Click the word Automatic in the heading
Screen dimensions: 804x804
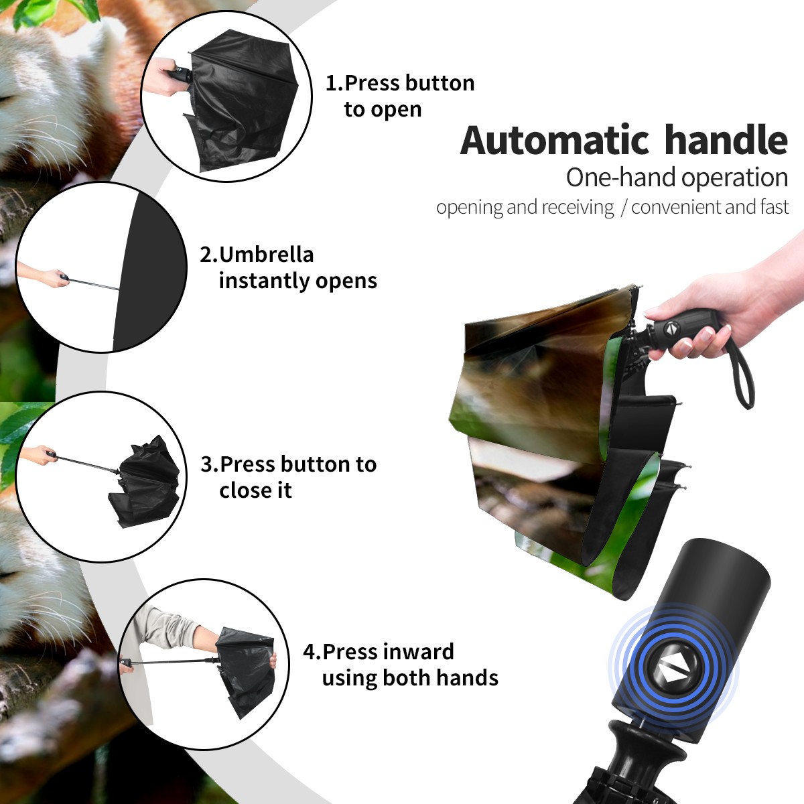pyautogui.click(x=555, y=141)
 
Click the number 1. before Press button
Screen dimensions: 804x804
pyautogui.click(x=334, y=83)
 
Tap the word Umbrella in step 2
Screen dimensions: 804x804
pyautogui.click(x=266, y=255)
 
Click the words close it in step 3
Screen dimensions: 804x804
pyautogui.click(x=255, y=490)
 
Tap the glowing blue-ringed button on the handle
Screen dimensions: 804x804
pyautogui.click(x=673, y=671)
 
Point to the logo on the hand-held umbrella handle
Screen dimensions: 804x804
pyautogui.click(x=669, y=328)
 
